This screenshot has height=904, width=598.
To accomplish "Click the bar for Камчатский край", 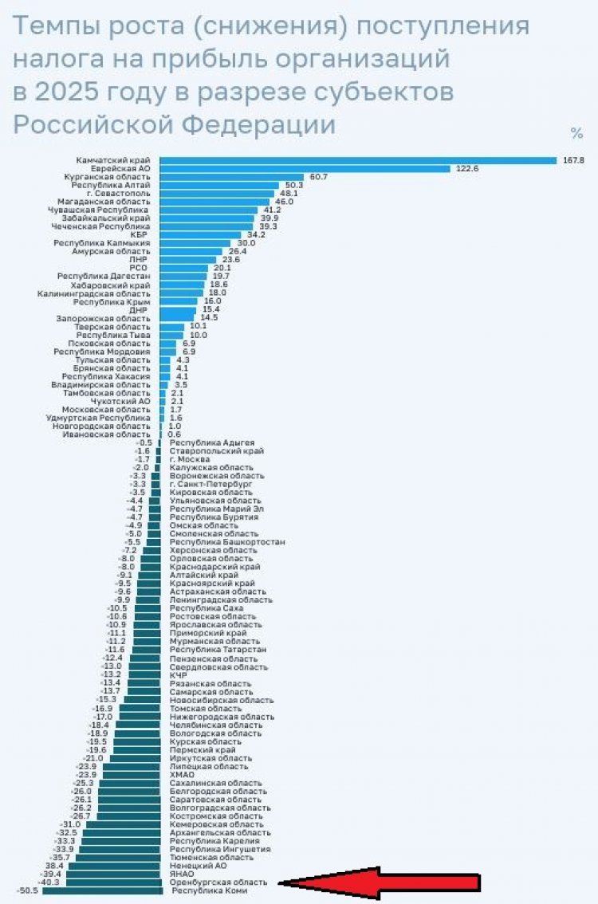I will (x=359, y=160).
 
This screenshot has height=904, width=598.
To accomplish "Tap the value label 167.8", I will (x=573, y=160).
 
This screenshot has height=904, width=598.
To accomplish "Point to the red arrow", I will (x=383, y=882).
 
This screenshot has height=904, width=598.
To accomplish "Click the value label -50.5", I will (x=27, y=891).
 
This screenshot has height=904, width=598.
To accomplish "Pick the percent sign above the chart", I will (x=576, y=133).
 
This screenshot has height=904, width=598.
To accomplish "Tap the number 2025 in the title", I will (x=76, y=92).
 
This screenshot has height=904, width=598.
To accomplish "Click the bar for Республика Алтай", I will (x=219, y=185).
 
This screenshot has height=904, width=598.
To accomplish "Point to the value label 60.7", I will (x=319, y=177).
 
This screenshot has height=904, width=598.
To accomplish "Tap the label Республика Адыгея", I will (x=211, y=442).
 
